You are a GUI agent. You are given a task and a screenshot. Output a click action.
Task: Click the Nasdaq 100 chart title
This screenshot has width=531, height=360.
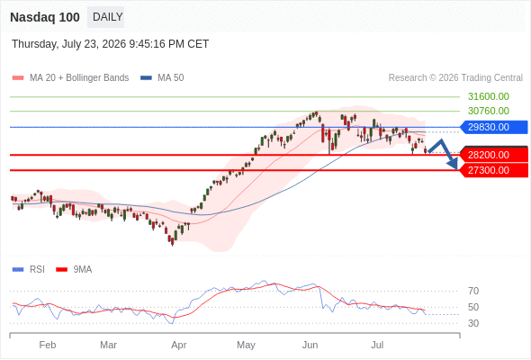[x=45, y=17]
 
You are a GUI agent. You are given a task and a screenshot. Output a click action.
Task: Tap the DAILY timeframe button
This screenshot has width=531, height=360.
[x=106, y=17]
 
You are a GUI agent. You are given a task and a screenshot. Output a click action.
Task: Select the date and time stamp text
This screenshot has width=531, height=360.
[x=111, y=44]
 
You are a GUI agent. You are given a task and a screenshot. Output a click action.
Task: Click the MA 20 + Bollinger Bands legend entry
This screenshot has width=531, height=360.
[x=70, y=78]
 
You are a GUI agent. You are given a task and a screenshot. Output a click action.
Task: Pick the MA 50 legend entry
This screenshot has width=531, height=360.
[x=162, y=78]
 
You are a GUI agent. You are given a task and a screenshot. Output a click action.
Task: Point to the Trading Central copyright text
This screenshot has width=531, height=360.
[x=455, y=78]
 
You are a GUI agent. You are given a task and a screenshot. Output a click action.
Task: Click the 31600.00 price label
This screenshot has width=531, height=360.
[x=489, y=96]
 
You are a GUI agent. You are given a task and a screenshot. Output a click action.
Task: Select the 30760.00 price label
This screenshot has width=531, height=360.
[x=489, y=111]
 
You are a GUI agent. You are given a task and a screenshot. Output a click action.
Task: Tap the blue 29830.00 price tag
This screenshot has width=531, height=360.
[x=494, y=127]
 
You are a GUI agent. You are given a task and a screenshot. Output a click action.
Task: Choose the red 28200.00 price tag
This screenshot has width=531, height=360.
[x=494, y=155]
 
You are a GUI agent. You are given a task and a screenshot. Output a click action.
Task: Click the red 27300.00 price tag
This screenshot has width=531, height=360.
[x=494, y=170]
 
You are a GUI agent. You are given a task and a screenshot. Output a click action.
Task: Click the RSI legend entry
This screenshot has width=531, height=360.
[x=29, y=270]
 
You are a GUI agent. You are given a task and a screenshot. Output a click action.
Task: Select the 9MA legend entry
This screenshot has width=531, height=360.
[x=74, y=270]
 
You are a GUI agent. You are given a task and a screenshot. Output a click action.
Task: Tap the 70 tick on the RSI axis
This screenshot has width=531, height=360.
[x=473, y=291]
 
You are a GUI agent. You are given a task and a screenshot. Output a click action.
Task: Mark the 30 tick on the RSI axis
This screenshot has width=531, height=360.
[x=473, y=323]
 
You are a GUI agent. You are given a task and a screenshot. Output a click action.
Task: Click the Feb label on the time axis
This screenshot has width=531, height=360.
[x=48, y=345]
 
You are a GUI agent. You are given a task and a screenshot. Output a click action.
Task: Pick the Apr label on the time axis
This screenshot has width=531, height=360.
[x=179, y=345]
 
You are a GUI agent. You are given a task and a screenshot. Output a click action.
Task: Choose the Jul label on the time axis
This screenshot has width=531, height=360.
[x=377, y=345]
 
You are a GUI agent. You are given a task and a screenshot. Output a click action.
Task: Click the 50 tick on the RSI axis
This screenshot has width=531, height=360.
[x=473, y=307]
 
